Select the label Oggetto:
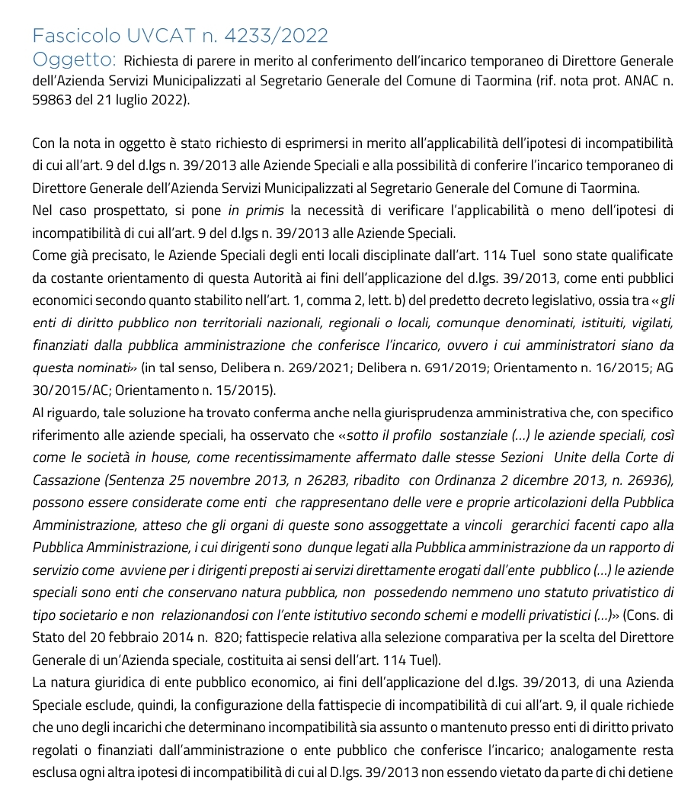74,59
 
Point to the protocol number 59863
54,100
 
